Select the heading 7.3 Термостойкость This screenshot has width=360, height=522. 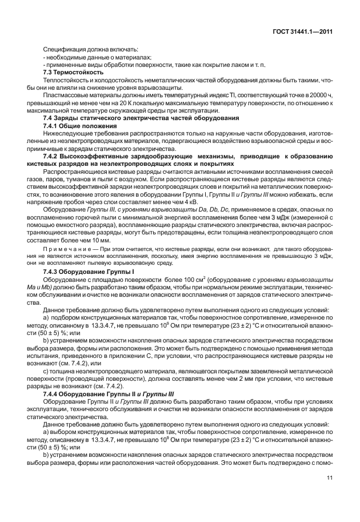[73, 73]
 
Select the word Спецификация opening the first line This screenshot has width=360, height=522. [67, 50]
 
